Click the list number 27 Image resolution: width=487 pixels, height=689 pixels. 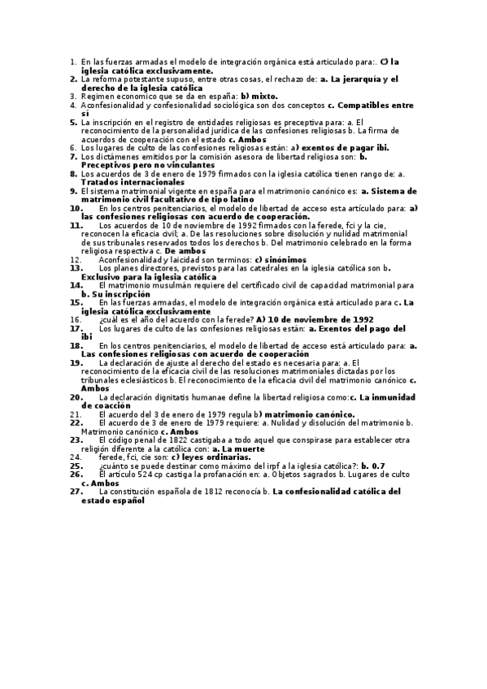76,492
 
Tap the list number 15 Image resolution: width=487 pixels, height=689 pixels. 76,301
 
